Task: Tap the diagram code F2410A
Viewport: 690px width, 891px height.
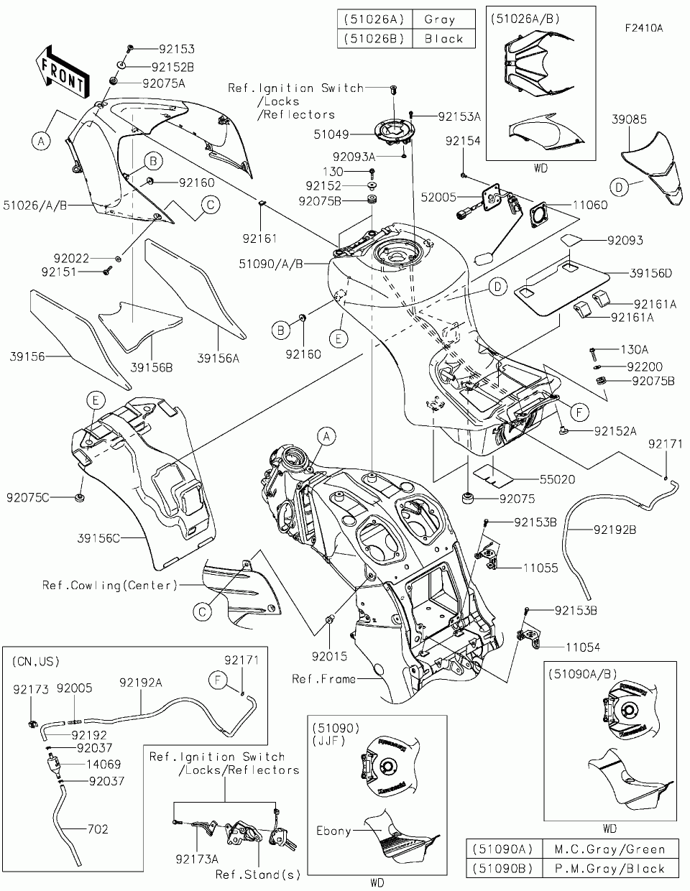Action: (643, 28)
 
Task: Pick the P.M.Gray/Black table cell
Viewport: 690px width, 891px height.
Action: (609, 868)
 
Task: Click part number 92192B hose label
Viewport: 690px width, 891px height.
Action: (615, 530)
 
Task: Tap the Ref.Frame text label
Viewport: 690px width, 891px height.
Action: (323, 678)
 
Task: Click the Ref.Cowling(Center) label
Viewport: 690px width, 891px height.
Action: (109, 585)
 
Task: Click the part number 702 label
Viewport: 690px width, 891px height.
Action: (97, 828)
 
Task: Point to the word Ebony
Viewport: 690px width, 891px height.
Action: (333, 831)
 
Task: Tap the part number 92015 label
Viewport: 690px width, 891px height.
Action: (328, 656)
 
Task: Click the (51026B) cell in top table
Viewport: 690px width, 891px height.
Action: (374, 38)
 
